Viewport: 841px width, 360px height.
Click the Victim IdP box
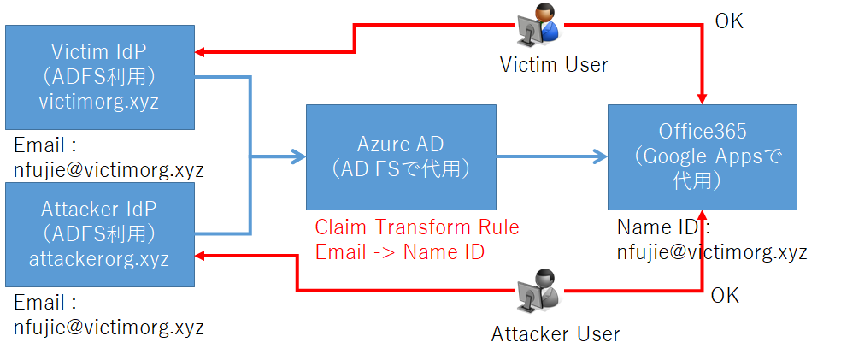point(100,77)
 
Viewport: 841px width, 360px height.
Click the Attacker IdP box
point(100,233)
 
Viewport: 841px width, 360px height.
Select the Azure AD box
point(401,156)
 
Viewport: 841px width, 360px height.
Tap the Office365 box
point(702,156)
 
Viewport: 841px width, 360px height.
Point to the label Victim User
point(555,65)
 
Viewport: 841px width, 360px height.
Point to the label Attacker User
point(556,333)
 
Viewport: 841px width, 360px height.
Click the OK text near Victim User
point(729,21)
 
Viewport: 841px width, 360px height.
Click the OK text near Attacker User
point(725,296)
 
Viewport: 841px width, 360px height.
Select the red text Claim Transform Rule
point(417,227)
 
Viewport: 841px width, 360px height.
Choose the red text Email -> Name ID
point(399,251)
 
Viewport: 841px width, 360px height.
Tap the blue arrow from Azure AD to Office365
point(551,156)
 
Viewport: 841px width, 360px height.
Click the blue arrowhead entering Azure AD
point(299,156)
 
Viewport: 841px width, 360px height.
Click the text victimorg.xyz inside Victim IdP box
point(99,102)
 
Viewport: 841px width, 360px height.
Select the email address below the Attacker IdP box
point(109,326)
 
